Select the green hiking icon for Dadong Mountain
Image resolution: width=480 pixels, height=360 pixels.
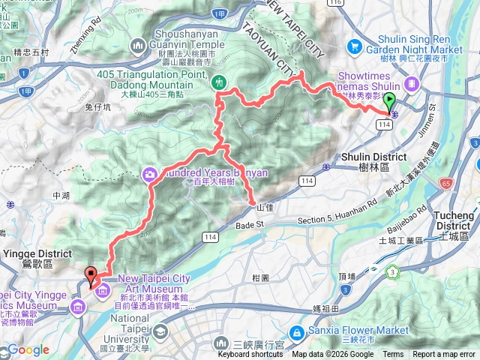click(219, 82)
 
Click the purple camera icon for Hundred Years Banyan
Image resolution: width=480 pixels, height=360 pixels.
click(150, 175)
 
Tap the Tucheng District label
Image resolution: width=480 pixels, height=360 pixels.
click(455, 220)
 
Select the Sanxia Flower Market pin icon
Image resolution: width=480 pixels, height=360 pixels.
click(297, 331)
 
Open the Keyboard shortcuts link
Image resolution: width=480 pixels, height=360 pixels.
click(250, 355)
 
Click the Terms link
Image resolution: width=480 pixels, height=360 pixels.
click(393, 355)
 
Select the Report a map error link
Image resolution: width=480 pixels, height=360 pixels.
click(445, 355)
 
